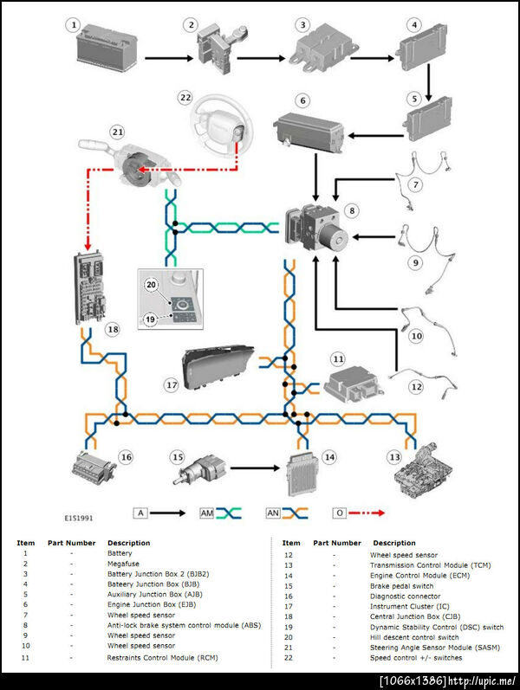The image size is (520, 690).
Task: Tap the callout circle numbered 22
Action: (x=185, y=98)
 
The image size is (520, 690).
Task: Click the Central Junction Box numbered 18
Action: (x=90, y=286)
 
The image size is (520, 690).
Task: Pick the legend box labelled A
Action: (x=140, y=513)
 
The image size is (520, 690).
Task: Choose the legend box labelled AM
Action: (x=207, y=513)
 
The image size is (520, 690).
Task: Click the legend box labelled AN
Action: (x=273, y=513)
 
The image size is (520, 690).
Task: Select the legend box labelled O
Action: (x=341, y=513)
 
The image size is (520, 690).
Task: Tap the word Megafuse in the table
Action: (x=125, y=564)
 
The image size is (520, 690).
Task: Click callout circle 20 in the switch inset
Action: (x=151, y=285)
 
